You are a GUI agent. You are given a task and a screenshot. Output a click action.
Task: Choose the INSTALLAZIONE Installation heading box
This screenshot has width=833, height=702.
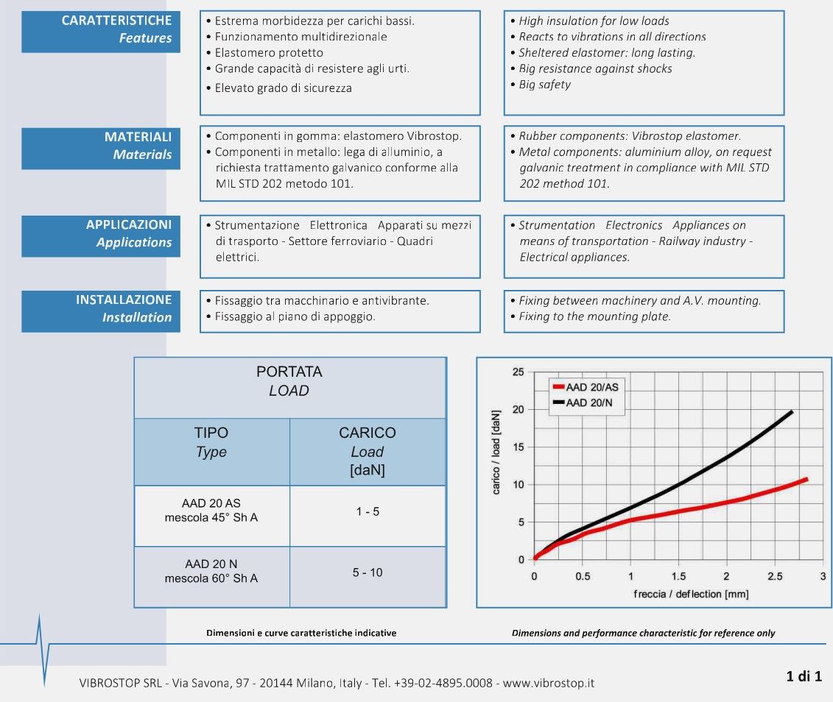(x=101, y=310)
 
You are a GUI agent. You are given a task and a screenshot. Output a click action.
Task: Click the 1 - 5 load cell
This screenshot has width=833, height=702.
(x=367, y=511)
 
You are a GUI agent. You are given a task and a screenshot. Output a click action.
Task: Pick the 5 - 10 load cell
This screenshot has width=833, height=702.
(x=367, y=572)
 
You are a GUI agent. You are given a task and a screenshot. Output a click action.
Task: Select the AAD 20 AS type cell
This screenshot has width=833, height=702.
(x=211, y=511)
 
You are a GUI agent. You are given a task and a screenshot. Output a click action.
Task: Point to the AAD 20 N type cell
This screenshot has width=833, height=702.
(x=211, y=571)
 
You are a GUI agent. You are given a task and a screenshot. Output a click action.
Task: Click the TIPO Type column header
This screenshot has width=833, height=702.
(x=211, y=442)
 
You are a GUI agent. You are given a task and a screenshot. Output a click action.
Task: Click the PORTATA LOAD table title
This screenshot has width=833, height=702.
(x=289, y=381)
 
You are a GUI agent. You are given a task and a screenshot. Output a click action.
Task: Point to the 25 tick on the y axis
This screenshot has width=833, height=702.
(x=519, y=372)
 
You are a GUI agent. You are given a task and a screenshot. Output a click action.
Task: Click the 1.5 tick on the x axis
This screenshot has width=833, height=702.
(x=678, y=576)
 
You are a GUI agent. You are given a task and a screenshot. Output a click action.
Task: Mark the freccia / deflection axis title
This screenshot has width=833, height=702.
(x=678, y=594)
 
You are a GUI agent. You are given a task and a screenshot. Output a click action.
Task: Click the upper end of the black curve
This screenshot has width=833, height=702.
(x=792, y=411)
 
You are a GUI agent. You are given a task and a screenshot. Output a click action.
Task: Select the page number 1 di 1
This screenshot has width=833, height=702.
(x=804, y=676)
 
